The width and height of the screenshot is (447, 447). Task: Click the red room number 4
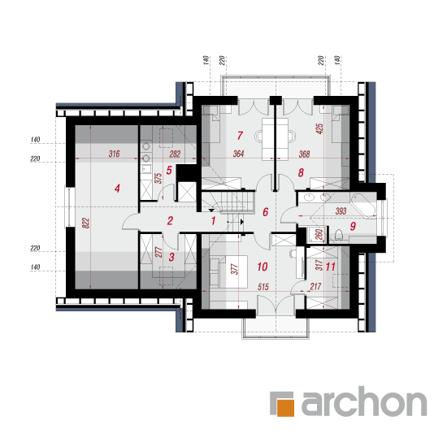(117, 189)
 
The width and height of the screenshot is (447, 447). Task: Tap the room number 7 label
(240, 136)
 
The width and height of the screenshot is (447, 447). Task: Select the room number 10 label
(263, 267)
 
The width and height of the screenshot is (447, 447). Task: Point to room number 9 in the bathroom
(353, 226)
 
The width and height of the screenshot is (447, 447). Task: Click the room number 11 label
(330, 267)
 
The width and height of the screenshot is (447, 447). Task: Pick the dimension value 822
(86, 223)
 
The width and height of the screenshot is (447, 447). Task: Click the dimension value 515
(263, 287)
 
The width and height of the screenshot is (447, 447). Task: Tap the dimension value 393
(341, 211)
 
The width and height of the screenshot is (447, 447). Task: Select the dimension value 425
(319, 128)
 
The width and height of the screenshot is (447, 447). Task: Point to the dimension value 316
(114, 154)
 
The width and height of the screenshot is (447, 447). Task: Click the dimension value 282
(175, 154)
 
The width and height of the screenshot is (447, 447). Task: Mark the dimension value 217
(315, 287)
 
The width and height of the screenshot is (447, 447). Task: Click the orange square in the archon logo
(285, 408)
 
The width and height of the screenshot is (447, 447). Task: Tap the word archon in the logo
(364, 401)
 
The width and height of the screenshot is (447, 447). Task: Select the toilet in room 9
(338, 235)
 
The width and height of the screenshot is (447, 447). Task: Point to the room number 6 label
(266, 212)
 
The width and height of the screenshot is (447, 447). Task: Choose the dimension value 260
(319, 234)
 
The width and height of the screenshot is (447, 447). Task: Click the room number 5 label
(169, 171)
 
